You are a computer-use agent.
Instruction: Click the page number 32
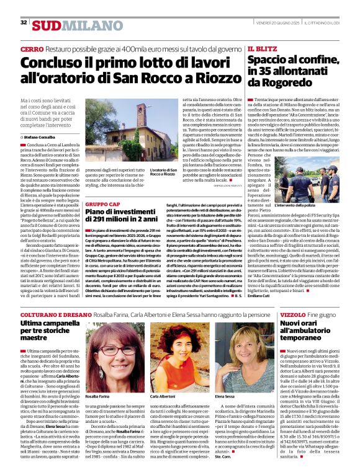click(24, 22)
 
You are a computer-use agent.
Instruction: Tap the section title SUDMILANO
click(70, 25)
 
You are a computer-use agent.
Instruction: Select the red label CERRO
click(32, 48)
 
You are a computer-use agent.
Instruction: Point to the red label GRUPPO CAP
click(102, 203)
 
